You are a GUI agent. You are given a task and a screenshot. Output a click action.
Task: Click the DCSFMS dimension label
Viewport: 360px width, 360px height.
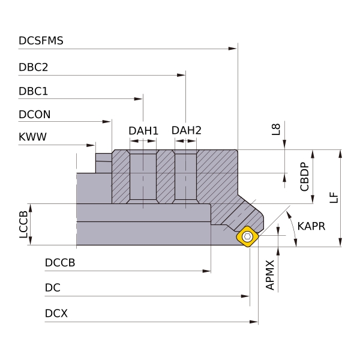[41, 41]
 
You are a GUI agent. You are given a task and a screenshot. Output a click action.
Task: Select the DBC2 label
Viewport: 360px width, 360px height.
[34, 67]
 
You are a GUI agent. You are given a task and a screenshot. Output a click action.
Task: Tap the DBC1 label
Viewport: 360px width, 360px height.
[34, 91]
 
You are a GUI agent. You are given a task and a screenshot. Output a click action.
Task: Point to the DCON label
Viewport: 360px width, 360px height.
[35, 115]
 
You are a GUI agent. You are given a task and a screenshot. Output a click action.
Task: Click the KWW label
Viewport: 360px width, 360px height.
[32, 137]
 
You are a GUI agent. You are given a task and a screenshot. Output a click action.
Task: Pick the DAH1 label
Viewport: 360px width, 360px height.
[143, 131]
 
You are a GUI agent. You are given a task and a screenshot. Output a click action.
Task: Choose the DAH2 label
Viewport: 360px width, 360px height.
[186, 130]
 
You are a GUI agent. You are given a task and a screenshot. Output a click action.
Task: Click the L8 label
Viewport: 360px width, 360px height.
[276, 129]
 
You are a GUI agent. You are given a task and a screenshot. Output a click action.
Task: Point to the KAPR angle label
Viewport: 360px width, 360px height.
[311, 226]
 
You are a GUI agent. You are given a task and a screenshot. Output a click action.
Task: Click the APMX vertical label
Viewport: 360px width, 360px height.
[270, 275]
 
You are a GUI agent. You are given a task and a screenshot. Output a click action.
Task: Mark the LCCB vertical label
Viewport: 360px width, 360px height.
[23, 224]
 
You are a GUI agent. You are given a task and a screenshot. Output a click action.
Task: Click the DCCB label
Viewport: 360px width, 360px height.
[60, 263]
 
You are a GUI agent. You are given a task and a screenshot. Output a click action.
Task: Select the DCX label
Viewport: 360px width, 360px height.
[56, 314]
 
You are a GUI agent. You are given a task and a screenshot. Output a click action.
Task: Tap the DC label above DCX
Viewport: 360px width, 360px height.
[53, 289]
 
